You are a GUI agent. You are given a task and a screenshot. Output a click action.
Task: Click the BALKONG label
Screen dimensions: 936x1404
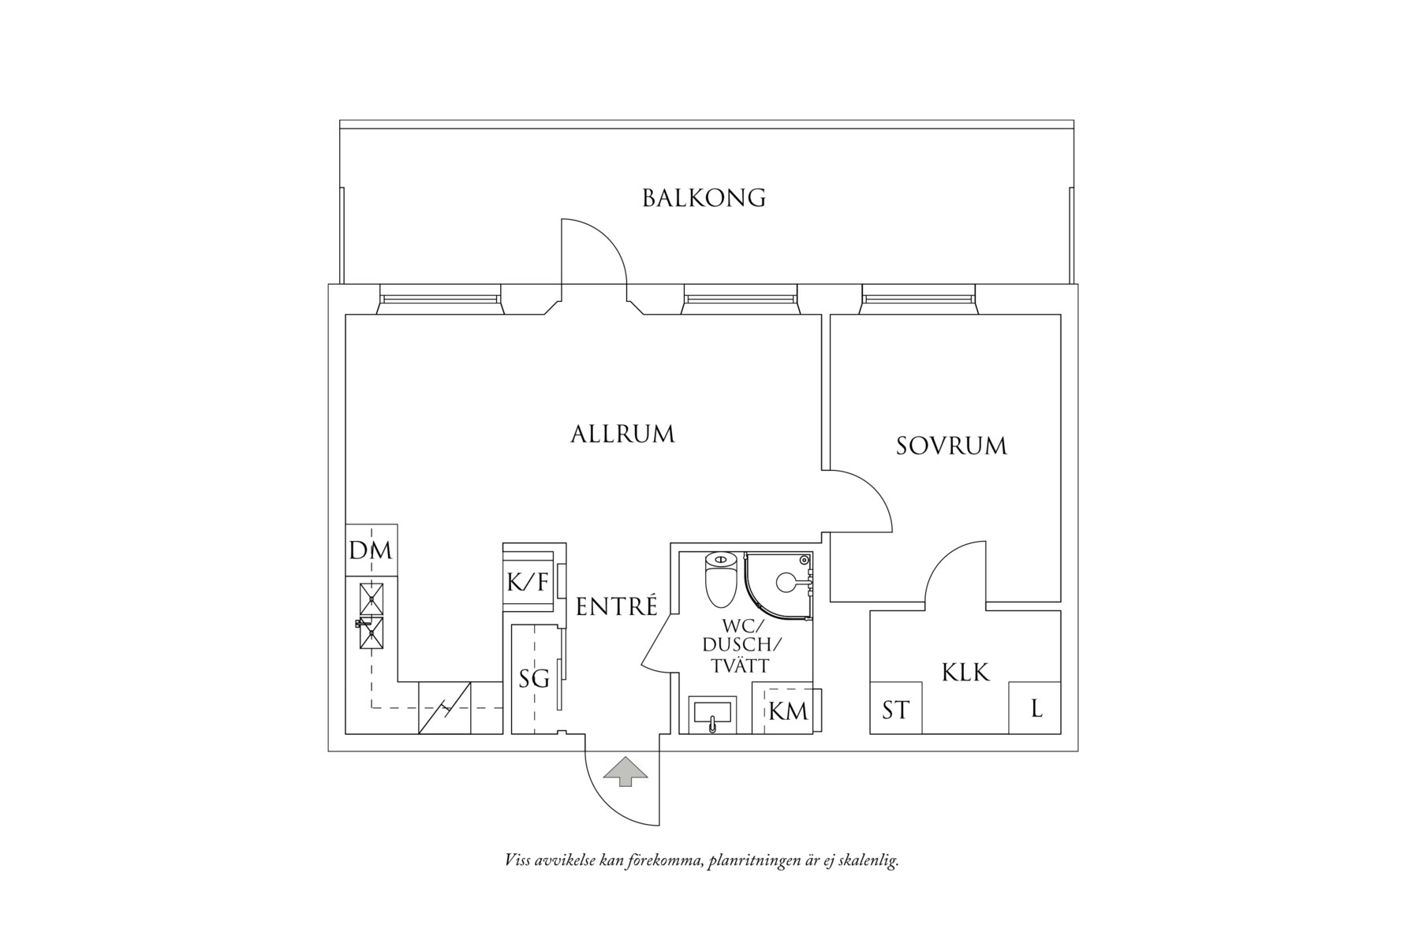704,198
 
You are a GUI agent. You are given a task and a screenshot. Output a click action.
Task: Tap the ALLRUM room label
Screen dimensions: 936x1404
622,434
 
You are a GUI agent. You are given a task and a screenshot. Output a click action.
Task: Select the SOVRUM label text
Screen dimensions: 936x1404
951,446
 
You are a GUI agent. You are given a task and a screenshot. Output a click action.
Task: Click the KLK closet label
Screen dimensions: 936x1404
965,673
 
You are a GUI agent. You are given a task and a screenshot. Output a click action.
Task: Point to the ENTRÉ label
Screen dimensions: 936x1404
616,606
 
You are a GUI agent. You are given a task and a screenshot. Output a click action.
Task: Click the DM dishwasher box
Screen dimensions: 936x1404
371,550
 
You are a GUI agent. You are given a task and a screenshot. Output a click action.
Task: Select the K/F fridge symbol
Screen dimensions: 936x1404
527,584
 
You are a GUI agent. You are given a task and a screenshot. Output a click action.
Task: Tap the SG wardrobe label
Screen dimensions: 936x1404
533,679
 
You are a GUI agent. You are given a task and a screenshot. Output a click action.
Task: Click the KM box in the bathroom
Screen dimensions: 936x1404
788,710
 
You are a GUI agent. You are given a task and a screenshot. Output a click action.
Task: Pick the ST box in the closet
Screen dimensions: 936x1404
895,710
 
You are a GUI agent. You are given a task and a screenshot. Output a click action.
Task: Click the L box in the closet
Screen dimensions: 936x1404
1036,708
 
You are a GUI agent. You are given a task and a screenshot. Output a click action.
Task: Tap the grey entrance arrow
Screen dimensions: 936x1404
625,772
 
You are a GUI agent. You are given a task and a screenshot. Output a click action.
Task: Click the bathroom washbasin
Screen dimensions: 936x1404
711,714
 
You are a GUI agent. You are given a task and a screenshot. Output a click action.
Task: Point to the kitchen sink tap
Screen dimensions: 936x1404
365,624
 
